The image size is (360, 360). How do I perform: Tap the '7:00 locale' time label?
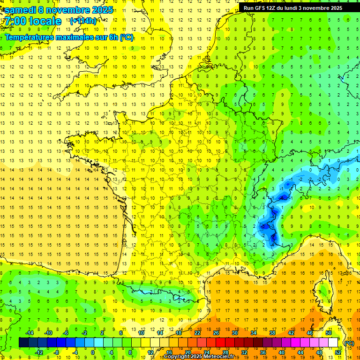click(32, 21)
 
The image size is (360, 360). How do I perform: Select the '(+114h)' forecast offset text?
click(83, 21)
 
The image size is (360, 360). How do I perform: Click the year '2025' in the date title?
click(100, 10)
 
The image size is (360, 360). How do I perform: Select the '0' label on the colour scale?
click(93, 352)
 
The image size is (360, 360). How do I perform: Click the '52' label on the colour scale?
click(338, 352)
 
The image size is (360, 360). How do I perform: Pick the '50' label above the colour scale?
click(329, 333)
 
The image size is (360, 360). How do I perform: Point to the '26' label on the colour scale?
click(216, 333)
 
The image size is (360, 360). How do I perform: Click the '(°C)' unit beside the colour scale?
click(349, 343)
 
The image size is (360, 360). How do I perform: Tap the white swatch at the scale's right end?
click(333, 343)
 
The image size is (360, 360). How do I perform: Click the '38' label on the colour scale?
click(272, 333)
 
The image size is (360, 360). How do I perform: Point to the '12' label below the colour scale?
click(150, 352)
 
